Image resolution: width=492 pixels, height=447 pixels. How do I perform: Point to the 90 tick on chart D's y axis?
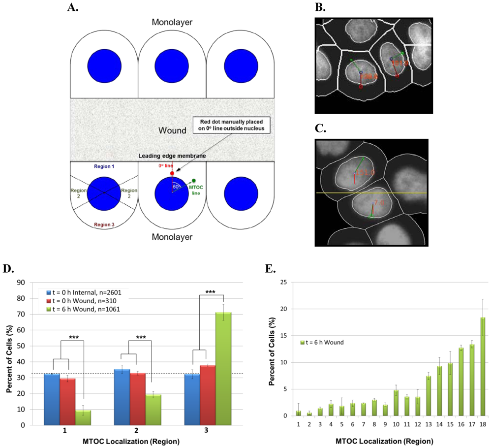[x=33, y=283]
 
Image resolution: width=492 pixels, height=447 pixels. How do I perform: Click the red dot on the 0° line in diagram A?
[x=172, y=173]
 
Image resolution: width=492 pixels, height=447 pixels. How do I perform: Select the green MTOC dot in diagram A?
[x=194, y=181]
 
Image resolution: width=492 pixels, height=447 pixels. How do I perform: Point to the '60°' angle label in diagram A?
[x=176, y=187]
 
